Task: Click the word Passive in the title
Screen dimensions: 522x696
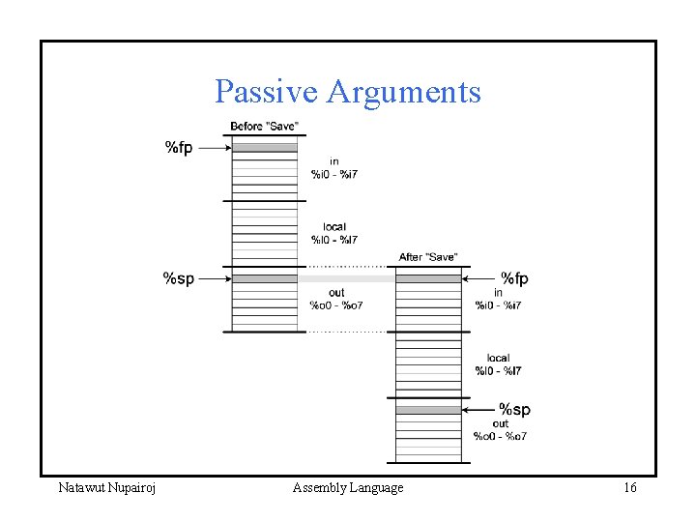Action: point(267,92)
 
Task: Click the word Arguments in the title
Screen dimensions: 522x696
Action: point(404,92)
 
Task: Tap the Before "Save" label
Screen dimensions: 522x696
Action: point(264,127)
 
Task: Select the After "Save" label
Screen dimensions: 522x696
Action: point(427,257)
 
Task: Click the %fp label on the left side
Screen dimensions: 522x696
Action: point(179,148)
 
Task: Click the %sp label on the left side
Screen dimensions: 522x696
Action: point(178,278)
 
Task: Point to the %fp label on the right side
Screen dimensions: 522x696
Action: point(514,278)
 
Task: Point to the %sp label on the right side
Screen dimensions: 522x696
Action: point(514,410)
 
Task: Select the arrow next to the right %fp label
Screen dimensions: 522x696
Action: point(478,278)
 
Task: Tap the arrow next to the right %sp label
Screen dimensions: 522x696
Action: point(478,410)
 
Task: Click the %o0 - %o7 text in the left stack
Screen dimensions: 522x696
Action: point(335,305)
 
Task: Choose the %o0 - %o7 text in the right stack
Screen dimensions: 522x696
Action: point(500,436)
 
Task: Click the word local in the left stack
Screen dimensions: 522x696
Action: point(334,227)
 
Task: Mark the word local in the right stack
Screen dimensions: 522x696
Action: point(499,358)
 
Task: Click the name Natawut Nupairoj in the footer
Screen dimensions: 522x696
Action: point(107,488)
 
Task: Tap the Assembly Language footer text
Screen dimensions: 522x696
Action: point(348,488)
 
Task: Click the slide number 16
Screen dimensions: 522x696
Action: point(629,488)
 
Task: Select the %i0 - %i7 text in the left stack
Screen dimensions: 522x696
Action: point(334,174)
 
